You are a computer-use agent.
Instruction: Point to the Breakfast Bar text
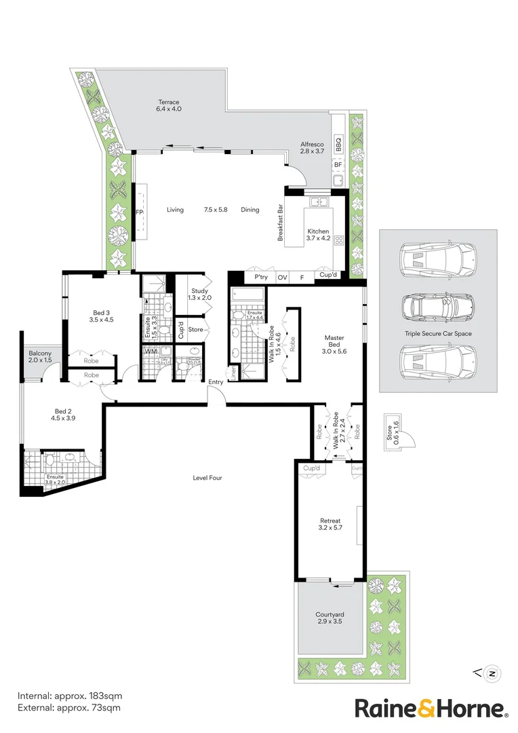279,223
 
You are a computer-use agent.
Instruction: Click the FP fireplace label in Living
140,212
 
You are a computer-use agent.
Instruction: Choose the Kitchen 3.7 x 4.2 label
318,235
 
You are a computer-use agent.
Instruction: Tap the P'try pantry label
261,277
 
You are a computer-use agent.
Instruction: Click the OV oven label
283,277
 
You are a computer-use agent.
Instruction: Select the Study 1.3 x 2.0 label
199,294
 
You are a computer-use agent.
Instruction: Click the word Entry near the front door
216,382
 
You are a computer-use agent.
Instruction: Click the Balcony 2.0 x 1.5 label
40,356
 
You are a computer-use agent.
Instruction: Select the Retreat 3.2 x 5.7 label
330,525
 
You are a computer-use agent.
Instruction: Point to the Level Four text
207,478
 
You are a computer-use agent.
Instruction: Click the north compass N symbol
493,673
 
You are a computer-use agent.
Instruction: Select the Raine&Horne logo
431,709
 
